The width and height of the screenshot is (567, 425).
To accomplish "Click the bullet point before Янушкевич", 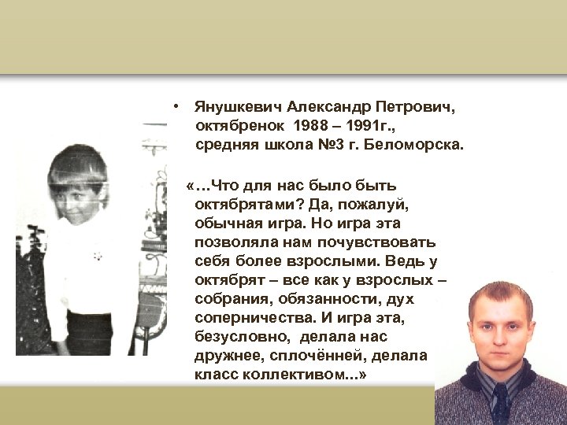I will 180,105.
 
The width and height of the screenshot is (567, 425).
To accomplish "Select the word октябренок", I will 239,125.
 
